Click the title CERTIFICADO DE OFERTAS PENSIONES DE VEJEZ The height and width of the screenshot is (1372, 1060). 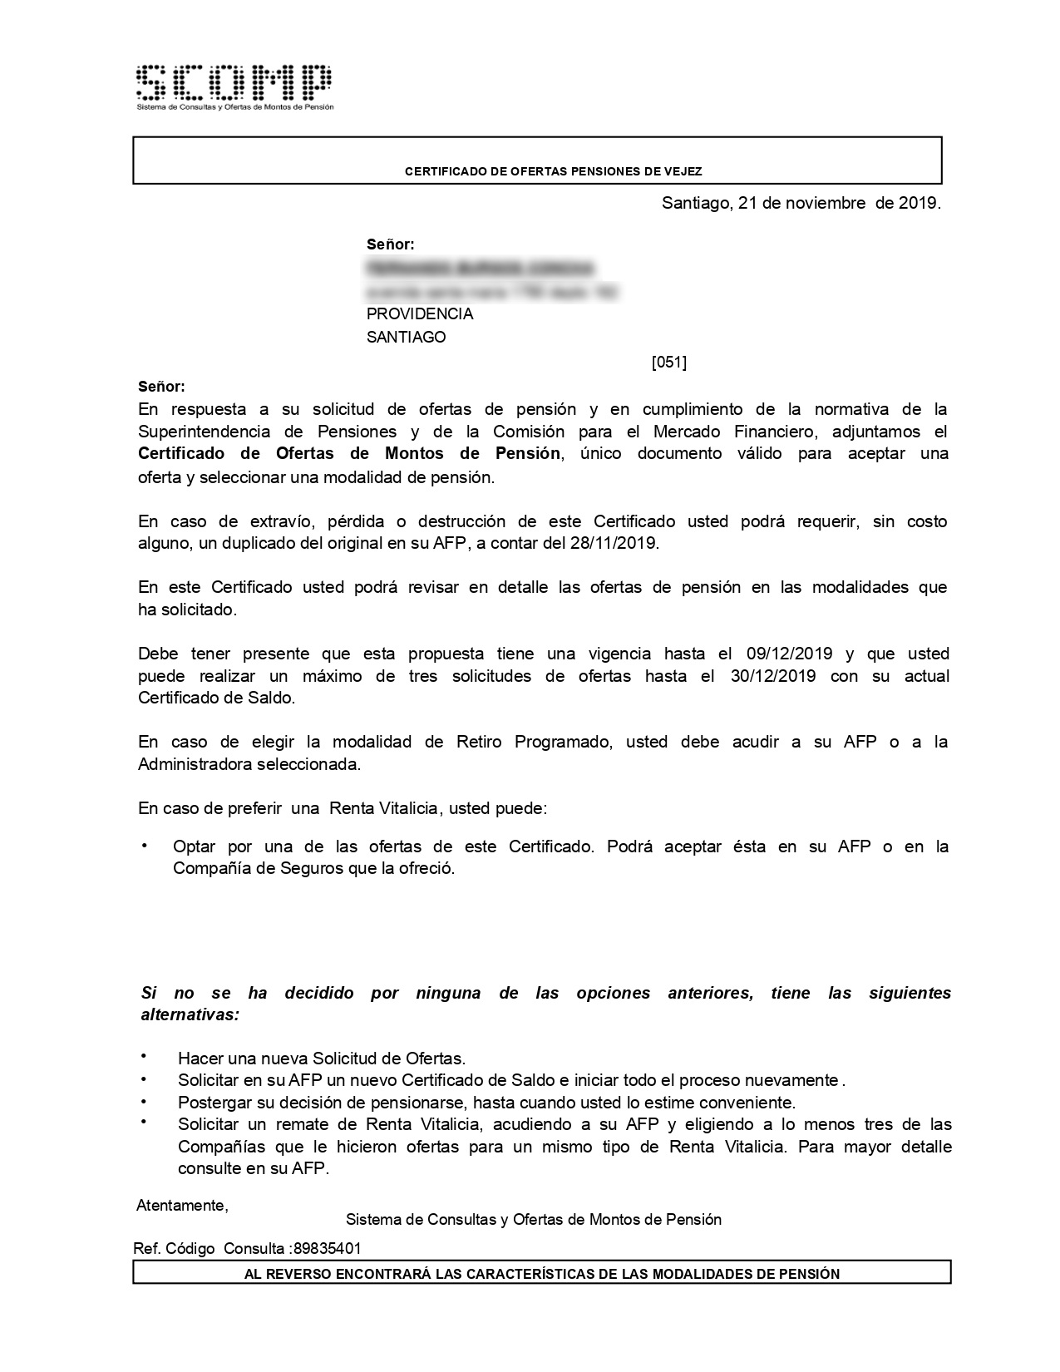tap(553, 171)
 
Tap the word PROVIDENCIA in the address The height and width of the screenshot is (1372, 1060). tap(420, 314)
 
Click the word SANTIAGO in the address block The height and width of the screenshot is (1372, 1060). tap(407, 338)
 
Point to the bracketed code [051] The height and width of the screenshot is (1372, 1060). tap(669, 362)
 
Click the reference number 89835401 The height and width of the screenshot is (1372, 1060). tap(328, 1249)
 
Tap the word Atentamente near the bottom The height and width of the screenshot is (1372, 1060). tap(182, 1206)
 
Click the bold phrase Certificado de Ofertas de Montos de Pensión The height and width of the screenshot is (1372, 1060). tap(349, 454)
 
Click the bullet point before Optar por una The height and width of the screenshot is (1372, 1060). tap(145, 846)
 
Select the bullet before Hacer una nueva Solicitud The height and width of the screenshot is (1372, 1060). tap(145, 1056)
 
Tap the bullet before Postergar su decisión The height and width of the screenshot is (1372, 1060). tap(145, 1100)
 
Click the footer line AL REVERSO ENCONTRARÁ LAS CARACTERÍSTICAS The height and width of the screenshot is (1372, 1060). tap(541, 1274)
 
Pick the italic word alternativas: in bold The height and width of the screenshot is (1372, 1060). tap(190, 1015)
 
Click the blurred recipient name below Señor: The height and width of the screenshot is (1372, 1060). tap(481, 269)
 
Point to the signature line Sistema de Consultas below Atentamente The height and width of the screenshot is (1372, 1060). tap(534, 1220)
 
